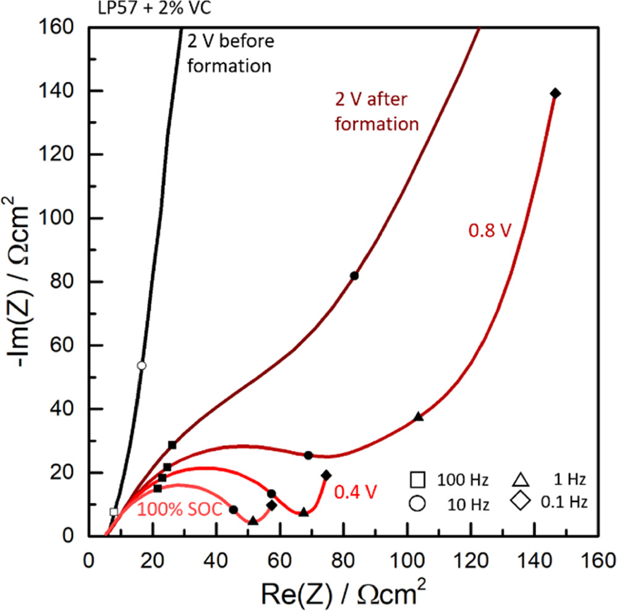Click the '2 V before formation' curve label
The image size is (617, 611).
point(229,53)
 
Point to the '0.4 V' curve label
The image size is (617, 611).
point(354,492)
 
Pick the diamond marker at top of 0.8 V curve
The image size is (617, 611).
point(555,93)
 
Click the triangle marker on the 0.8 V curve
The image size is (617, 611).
point(419,416)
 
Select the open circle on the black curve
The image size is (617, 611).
point(142,365)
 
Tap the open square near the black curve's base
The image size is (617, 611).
point(114,511)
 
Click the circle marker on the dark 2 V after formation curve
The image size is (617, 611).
point(354,276)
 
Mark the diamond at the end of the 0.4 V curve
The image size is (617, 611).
point(326,475)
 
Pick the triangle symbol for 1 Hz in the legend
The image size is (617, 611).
point(520,479)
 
